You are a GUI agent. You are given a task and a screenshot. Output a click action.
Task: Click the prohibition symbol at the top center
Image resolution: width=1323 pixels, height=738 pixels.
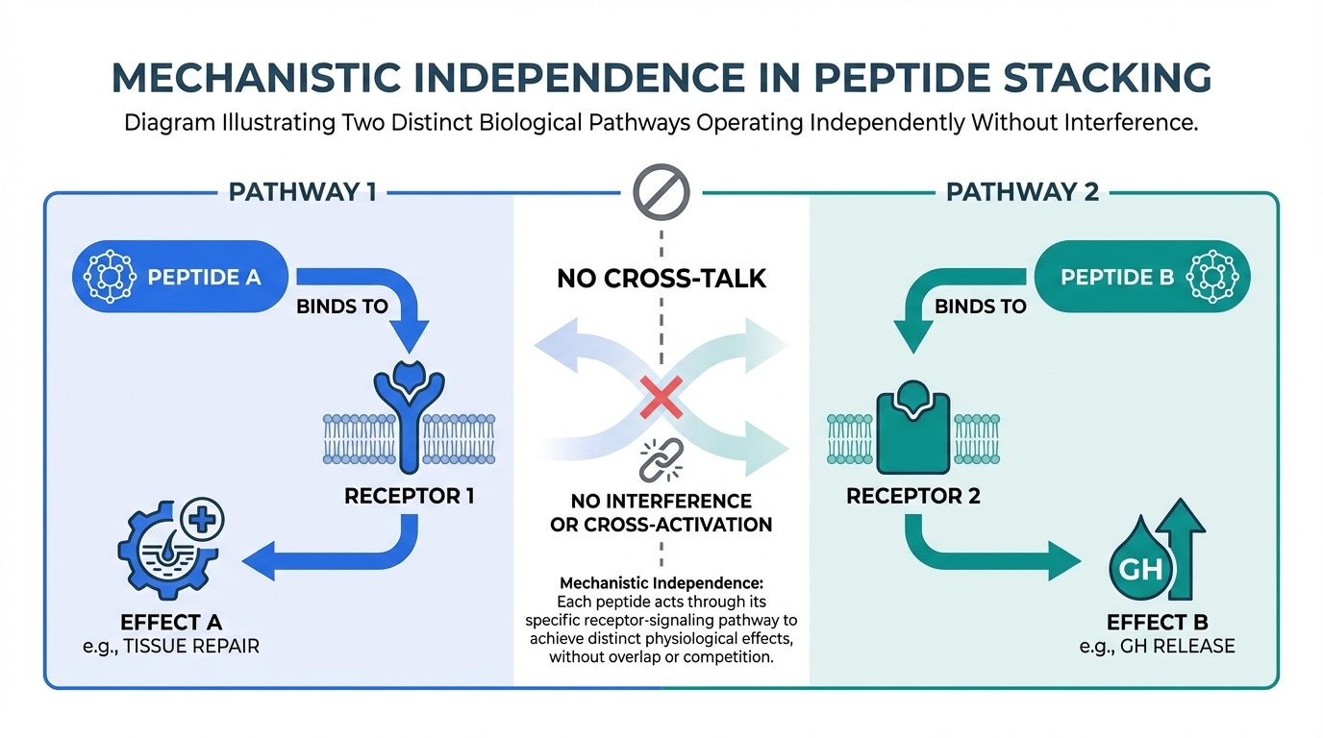tap(661, 192)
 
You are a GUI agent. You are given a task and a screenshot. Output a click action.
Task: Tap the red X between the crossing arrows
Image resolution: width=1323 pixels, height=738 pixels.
tap(661, 397)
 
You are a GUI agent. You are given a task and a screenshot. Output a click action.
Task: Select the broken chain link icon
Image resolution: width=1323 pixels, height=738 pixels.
tap(661, 460)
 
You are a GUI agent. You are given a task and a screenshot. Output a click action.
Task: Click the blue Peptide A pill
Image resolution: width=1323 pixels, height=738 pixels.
tap(180, 277)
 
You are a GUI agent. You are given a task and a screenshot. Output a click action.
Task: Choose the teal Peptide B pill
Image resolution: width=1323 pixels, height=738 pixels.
tap(1142, 277)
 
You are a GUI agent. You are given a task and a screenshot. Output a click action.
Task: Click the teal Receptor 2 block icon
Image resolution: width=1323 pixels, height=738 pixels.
tap(913, 428)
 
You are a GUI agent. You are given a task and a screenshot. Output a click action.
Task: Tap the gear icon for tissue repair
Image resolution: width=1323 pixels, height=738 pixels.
tap(166, 549)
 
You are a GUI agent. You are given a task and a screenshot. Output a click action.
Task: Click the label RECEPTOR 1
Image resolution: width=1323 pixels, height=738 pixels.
tap(410, 496)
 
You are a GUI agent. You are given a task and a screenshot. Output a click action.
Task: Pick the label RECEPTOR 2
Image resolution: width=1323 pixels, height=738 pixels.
tap(913, 496)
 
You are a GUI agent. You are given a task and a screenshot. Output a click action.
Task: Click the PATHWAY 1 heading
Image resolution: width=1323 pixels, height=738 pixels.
tap(303, 192)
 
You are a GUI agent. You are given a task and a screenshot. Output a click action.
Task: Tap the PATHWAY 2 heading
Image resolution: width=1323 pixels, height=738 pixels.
tap(1022, 192)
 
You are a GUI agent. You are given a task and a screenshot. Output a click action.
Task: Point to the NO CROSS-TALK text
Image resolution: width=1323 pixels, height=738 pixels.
tap(661, 279)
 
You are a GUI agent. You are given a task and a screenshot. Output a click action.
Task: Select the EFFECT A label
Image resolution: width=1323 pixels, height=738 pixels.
tap(171, 623)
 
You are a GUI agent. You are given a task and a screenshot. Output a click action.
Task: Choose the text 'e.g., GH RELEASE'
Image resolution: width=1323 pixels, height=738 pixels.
tap(1157, 647)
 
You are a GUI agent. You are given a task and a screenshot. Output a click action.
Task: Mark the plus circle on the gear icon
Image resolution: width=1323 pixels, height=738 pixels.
tap(202, 520)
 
